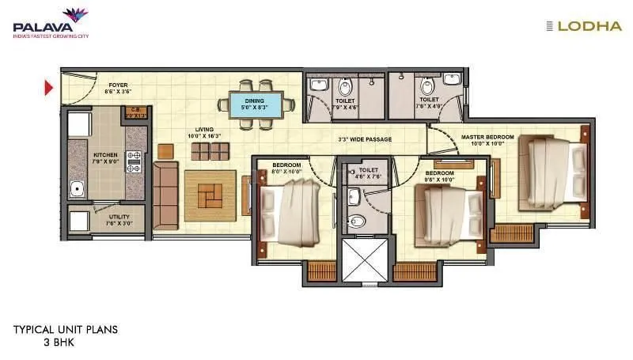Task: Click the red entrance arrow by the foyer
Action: (49, 87)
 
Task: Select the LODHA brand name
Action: (595, 26)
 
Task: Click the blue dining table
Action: (254, 104)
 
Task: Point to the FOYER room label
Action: (118, 86)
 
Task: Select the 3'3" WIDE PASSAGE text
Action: (365, 139)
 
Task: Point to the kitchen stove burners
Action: (132, 162)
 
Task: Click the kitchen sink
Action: (76, 188)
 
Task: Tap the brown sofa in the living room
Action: (165, 192)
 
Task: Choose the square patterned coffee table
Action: (210, 195)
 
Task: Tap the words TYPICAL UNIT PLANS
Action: (66, 330)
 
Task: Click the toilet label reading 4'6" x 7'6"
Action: (369, 172)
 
